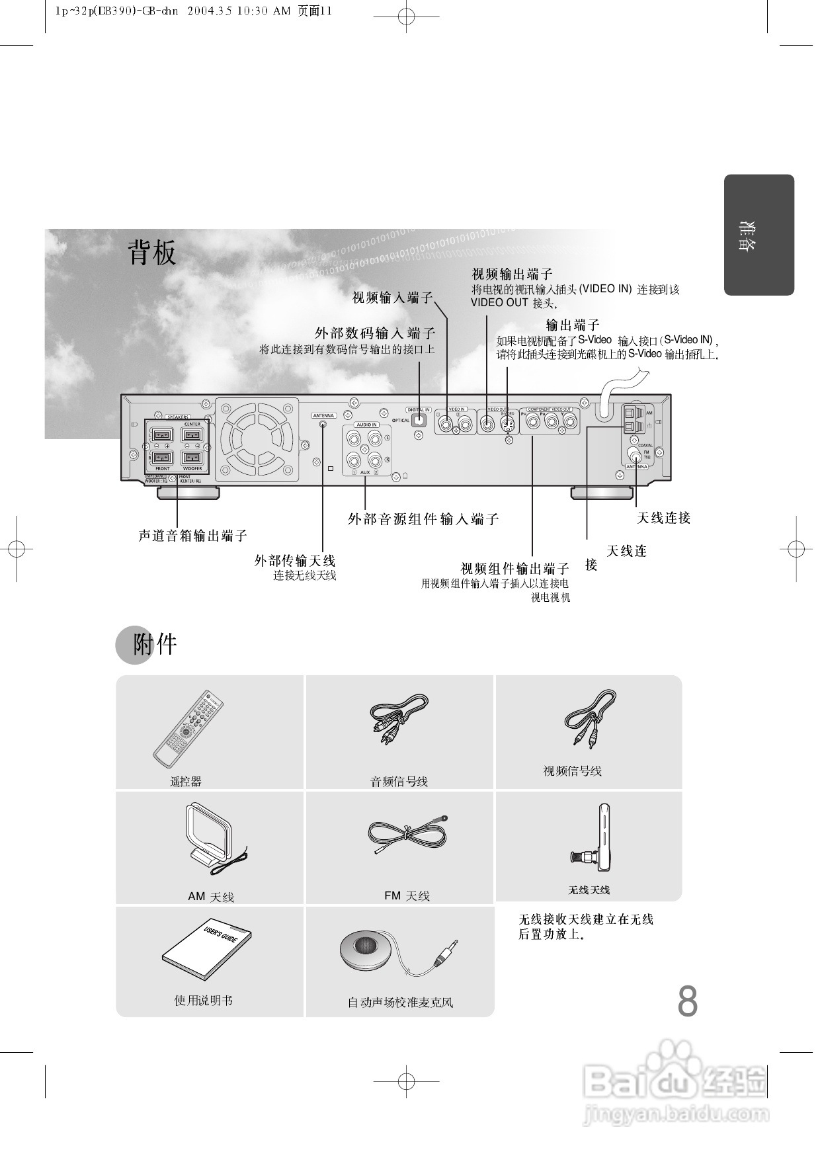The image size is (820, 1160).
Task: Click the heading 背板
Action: (x=152, y=253)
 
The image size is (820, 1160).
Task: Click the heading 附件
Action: (x=155, y=644)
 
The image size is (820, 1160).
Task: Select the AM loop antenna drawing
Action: (x=210, y=837)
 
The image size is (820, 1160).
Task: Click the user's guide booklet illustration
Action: (x=206, y=948)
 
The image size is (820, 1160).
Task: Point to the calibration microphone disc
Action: (x=366, y=949)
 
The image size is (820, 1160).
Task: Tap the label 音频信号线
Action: (x=399, y=782)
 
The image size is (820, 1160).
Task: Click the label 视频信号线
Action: (x=572, y=771)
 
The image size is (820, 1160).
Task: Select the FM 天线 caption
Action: (x=407, y=896)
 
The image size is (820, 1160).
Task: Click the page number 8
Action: (x=687, y=1002)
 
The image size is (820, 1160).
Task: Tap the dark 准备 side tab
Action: (x=758, y=235)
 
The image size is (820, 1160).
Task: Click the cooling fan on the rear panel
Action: (x=256, y=439)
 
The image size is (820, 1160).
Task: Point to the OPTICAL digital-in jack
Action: (x=419, y=419)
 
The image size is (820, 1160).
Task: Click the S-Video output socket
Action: (x=507, y=423)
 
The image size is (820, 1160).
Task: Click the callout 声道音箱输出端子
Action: (x=192, y=536)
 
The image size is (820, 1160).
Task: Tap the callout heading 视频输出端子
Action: (x=512, y=274)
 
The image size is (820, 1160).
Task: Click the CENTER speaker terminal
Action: (x=192, y=435)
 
